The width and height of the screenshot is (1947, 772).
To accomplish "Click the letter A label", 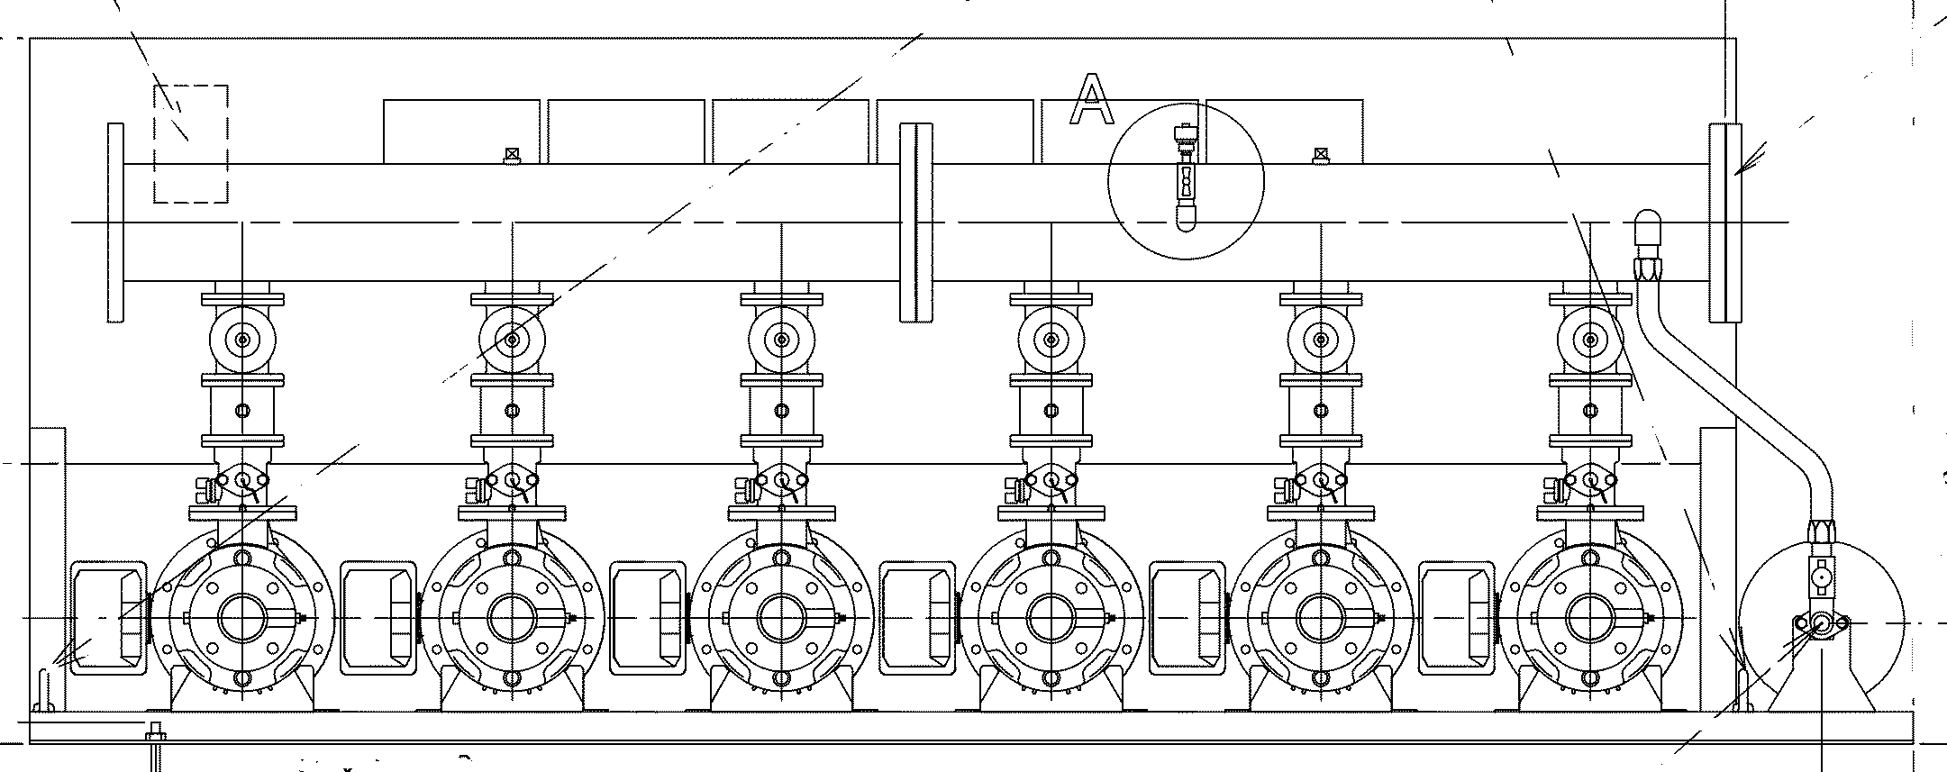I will pyautogui.click(x=1091, y=100).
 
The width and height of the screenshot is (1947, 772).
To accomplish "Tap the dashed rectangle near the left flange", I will pyautogui.click(x=190, y=144).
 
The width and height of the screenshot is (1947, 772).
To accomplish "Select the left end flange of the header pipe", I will pyautogui.click(x=115, y=222).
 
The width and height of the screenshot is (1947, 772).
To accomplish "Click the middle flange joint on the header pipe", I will pyautogui.click(x=916, y=222).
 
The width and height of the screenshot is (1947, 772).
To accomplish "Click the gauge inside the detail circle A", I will pyautogui.click(x=1184, y=179).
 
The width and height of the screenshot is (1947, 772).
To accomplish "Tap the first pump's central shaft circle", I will pyautogui.click(x=241, y=618).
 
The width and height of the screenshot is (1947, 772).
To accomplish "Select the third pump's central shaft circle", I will pyautogui.click(x=780, y=618).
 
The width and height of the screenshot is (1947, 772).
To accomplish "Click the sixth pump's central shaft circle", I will pyautogui.click(x=1589, y=618).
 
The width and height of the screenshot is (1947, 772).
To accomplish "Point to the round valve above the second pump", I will pyautogui.click(x=512, y=340).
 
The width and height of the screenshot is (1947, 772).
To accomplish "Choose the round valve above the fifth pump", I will pyautogui.click(x=1320, y=340).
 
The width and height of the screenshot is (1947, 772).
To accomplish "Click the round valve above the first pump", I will pyautogui.click(x=241, y=340).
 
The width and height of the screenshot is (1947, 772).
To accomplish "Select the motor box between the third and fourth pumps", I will pyautogui.click(x=917, y=618).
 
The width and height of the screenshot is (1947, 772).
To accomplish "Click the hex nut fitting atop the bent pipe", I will pyautogui.click(x=1648, y=267).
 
